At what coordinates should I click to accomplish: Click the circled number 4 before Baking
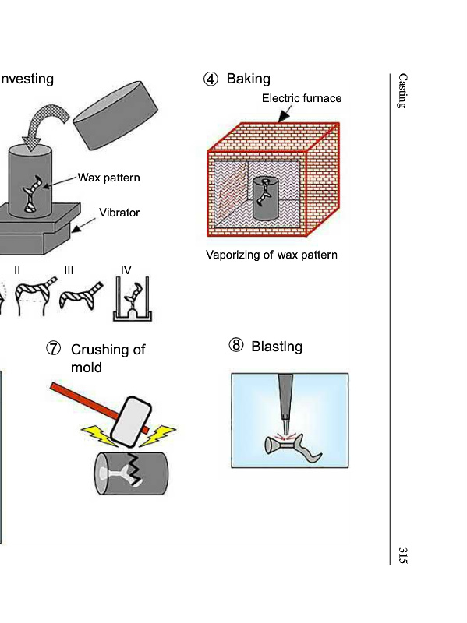click(x=211, y=79)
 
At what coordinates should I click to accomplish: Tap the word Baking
click(x=248, y=79)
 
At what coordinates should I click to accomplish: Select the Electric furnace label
click(x=302, y=98)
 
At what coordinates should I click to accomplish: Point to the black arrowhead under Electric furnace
click(x=284, y=115)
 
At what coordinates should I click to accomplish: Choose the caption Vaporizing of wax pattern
click(x=271, y=255)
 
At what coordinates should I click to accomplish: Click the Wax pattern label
click(x=108, y=178)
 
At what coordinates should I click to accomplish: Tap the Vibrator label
click(x=119, y=213)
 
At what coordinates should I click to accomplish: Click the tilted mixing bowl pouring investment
click(x=115, y=115)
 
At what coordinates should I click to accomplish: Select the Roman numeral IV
click(x=126, y=270)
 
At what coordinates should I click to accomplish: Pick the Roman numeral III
click(x=69, y=270)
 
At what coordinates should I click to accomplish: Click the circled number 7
click(x=53, y=349)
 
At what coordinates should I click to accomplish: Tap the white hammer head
click(x=131, y=421)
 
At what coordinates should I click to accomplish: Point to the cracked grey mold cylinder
click(x=131, y=473)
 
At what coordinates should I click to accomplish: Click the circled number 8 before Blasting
click(x=236, y=345)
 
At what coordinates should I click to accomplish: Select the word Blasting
click(x=277, y=347)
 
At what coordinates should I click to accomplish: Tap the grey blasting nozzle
click(x=285, y=401)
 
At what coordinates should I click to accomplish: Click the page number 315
click(x=402, y=555)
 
